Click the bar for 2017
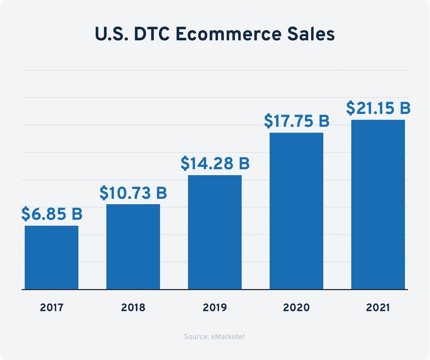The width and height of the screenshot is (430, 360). tap(51, 257)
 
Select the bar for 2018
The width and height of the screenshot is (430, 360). tap(133, 247)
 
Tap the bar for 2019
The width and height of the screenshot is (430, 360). tap(215, 232)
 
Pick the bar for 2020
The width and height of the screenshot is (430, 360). tap(296, 211)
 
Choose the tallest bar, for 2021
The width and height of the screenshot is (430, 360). tap(378, 204)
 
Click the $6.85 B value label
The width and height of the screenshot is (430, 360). tap(52, 214)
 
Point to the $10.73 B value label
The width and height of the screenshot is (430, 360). tap(133, 193)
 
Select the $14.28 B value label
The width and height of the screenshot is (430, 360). tap(215, 164)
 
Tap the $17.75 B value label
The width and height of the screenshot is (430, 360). tap(297, 121)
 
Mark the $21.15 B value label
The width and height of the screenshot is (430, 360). tap(378, 108)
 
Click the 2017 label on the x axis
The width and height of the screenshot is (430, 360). tap(51, 308)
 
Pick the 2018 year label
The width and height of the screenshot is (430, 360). tap(133, 308)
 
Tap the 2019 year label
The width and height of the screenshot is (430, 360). tap(215, 308)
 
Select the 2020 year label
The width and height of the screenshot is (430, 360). tap(296, 308)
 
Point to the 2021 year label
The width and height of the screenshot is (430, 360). tap(378, 308)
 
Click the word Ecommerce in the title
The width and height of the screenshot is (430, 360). tap(229, 35)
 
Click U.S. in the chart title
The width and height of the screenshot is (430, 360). tap(108, 35)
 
